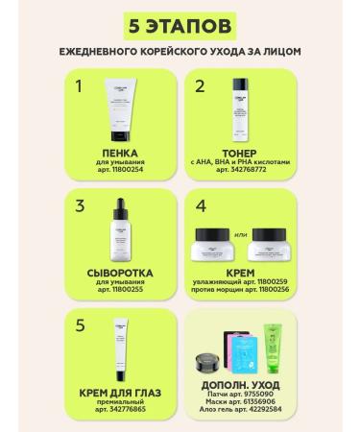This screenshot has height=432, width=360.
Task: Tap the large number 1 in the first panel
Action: tap(82, 87)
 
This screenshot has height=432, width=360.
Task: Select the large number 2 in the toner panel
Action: tap(200, 87)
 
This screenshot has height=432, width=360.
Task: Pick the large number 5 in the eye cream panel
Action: tap(82, 324)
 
